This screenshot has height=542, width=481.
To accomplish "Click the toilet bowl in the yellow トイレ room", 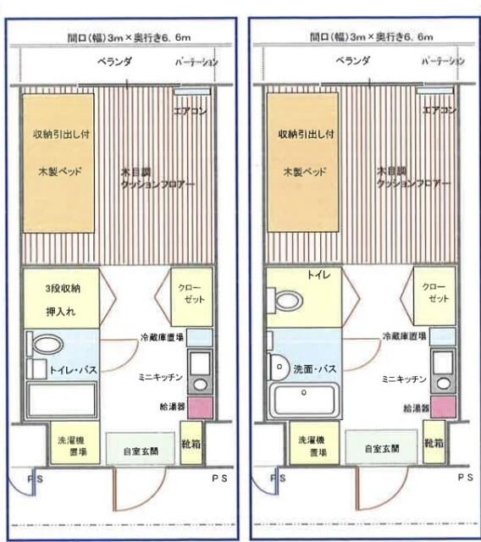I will click(286, 301).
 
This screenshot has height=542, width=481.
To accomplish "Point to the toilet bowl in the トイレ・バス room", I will click(47, 345).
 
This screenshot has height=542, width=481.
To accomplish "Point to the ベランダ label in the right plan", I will click(351, 61).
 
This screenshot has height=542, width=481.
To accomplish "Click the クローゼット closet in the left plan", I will click(191, 297).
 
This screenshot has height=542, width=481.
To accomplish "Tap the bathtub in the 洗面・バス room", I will click(304, 399).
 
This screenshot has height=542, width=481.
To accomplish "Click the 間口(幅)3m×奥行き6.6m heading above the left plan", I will click(121, 36).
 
